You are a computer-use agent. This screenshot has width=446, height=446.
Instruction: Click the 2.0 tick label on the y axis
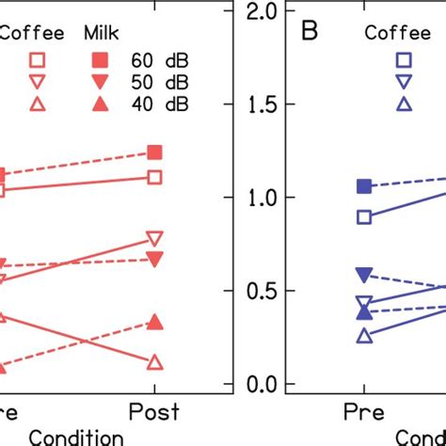261,12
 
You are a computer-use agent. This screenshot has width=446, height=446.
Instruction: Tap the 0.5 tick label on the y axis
261,292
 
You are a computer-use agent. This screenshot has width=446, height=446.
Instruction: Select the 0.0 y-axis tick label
261,385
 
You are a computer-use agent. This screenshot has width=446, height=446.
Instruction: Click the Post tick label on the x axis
155,413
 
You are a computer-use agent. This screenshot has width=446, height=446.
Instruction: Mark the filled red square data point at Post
155,152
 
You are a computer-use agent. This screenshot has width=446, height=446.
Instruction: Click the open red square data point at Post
155,177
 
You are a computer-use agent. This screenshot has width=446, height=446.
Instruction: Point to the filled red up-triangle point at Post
155,323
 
